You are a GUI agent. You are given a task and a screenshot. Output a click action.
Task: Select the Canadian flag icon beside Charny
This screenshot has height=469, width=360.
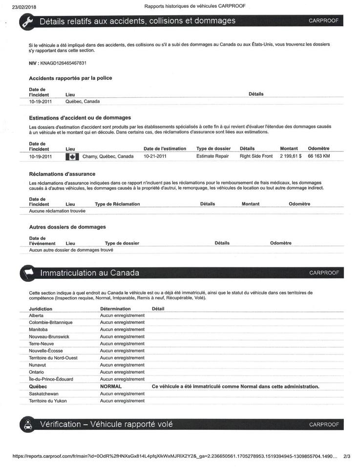coord(72,157)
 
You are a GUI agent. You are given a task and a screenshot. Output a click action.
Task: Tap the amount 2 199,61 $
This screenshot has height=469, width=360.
coord(291,156)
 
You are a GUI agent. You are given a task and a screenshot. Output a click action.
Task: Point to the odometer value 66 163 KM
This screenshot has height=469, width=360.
coord(318,156)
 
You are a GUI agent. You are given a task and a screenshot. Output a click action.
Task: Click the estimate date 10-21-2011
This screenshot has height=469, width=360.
coord(155,156)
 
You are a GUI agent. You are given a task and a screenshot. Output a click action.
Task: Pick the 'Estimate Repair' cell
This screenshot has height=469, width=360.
coord(212,156)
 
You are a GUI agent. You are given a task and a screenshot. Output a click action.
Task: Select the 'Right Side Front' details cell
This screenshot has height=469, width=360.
coord(256,156)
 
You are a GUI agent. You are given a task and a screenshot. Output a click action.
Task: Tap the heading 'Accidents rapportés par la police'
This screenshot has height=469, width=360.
coord(70,78)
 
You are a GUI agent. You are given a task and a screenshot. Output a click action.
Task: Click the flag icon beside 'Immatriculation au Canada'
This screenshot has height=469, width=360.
coord(27,273)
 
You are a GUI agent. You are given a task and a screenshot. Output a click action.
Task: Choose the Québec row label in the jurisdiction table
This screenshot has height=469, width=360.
coord(39,386)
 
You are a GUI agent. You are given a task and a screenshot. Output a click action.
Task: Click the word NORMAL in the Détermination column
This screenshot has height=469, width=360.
coord(110,386)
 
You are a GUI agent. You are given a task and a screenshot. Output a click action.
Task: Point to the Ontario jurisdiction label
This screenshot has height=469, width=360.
coord(38,372)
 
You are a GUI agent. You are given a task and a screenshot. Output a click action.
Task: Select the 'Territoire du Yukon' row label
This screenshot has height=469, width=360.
coord(48,401)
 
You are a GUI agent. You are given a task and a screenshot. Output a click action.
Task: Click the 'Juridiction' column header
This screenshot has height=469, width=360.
coord(41,309)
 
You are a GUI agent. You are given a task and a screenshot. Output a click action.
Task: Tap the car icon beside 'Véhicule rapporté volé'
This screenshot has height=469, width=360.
coord(27,425)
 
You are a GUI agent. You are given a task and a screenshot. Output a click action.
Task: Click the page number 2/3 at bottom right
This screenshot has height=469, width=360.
coord(347,456)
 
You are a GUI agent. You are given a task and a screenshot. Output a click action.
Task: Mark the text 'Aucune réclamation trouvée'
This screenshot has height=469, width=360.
coord(57,211)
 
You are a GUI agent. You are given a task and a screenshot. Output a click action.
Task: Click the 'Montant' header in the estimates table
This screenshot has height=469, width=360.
coord(289,149)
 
